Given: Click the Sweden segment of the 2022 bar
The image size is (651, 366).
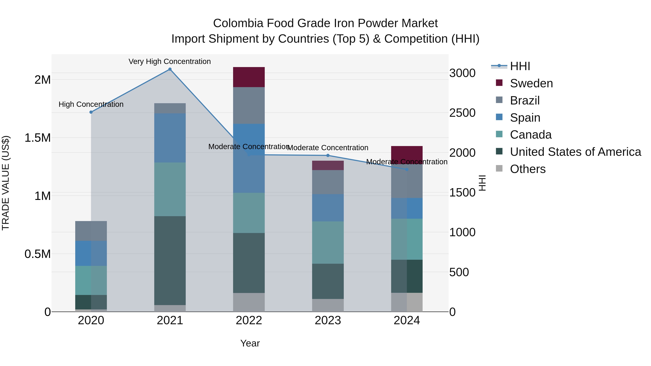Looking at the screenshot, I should (x=249, y=77).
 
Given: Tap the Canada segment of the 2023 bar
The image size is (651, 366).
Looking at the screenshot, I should (x=328, y=243).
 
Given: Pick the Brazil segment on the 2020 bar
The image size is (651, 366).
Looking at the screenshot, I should (x=91, y=231).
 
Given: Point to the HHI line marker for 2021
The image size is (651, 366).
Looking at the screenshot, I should (x=170, y=69).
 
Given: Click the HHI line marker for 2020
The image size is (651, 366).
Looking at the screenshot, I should (x=91, y=112).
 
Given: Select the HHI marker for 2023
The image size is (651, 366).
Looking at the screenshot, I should (x=328, y=155).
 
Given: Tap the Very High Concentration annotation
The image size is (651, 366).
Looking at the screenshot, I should (x=170, y=61).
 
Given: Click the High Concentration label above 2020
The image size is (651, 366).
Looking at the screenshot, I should (x=91, y=104).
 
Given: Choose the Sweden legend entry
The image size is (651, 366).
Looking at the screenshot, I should (x=531, y=83).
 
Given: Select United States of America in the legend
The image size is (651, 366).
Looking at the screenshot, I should (x=575, y=152).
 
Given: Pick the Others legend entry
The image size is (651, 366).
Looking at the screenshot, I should (x=527, y=169).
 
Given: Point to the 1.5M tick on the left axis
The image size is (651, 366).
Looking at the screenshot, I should (x=37, y=138).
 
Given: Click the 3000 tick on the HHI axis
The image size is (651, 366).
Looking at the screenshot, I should (x=462, y=73).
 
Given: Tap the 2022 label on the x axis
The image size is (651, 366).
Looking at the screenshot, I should (x=249, y=320).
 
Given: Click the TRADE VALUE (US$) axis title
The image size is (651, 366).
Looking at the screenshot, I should (x=6, y=183).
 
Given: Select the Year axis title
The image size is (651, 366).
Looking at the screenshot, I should (x=250, y=343).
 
